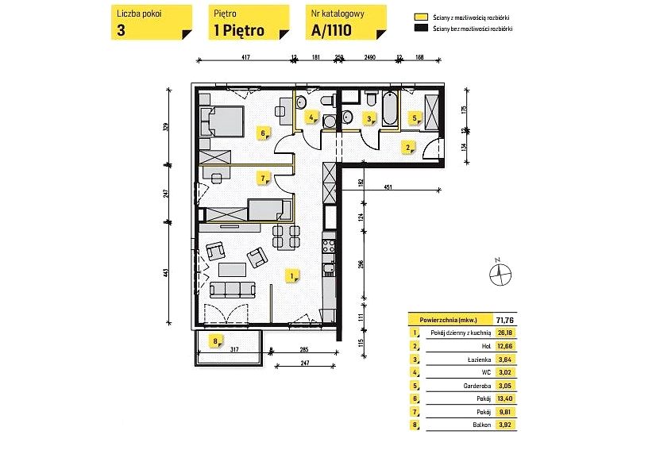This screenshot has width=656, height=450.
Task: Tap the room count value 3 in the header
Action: click(121, 33)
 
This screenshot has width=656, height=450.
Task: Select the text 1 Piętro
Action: click(239, 33)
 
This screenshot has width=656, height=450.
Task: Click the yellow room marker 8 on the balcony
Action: click(214, 342)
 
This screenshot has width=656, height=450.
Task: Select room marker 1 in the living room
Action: click(293, 276)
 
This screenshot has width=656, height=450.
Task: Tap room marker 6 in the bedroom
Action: click(263, 133)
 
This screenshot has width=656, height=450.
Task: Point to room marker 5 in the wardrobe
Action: click(415, 118)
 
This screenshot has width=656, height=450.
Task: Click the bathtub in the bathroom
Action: click(390, 110)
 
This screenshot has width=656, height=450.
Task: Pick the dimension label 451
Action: click(388, 188)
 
